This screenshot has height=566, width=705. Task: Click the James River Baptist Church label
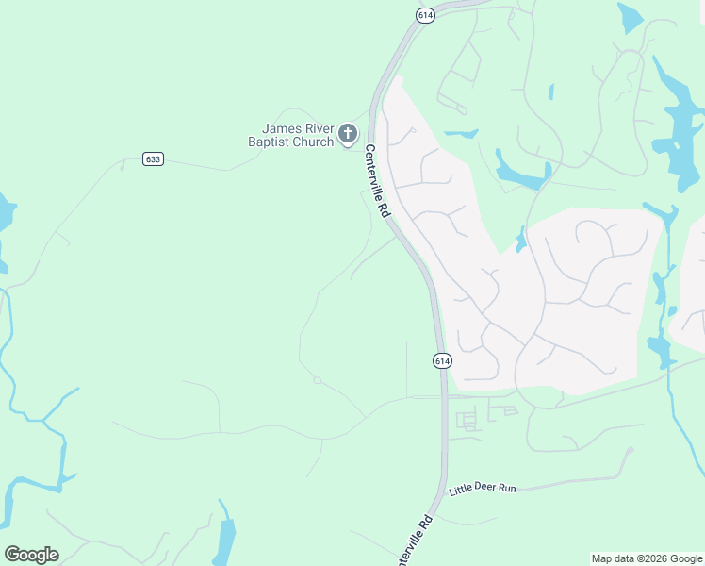[298, 135]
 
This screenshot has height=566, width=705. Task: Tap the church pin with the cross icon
[348, 134]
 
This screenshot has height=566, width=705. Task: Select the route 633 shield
[154, 158]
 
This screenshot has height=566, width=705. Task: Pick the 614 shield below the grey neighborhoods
[442, 360]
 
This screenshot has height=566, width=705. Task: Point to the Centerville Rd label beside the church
[377, 181]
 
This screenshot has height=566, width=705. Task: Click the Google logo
[31, 554]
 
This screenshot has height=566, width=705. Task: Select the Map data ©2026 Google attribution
[647, 558]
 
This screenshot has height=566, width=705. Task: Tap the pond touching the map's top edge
[629, 17]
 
